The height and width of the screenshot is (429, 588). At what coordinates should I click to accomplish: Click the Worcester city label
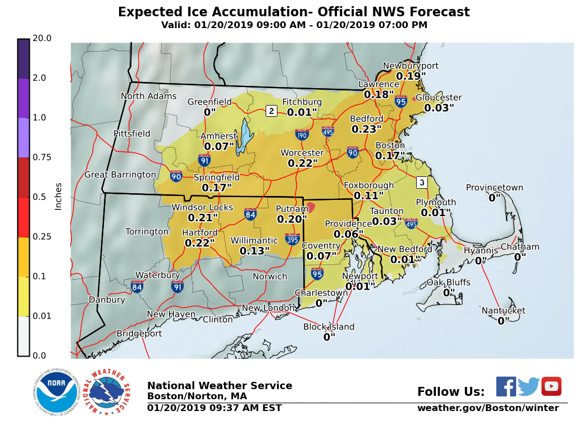point(302,153)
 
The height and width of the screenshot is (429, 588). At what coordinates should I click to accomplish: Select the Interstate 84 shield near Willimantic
point(250,214)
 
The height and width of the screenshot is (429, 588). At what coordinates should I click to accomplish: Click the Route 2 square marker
point(271,111)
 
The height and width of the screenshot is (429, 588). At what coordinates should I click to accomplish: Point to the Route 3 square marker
point(422,182)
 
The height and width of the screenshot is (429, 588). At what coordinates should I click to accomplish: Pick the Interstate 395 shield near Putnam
point(292,239)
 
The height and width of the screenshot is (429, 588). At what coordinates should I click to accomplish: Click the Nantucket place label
point(503,311)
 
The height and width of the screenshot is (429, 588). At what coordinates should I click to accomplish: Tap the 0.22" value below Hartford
point(200,243)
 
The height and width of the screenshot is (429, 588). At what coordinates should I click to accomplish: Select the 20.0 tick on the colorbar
point(42,38)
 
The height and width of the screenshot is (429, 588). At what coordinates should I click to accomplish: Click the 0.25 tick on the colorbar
point(42,236)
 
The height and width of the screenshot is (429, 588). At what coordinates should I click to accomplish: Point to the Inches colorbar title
point(58,196)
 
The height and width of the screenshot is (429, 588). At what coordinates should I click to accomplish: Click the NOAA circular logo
point(55,392)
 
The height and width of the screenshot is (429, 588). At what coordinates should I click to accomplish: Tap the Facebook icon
point(505,386)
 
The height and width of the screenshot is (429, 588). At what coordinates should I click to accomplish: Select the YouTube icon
point(551,386)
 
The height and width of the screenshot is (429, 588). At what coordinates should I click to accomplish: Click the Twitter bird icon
point(528,387)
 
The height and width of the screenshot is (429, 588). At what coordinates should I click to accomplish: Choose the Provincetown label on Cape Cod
point(494,188)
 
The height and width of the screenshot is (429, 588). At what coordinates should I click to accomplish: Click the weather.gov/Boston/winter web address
point(487,408)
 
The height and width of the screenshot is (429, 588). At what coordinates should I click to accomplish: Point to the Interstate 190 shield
point(302,134)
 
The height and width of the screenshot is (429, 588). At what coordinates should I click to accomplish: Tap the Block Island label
point(329,327)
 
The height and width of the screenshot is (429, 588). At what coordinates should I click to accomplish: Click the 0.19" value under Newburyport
point(411,76)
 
